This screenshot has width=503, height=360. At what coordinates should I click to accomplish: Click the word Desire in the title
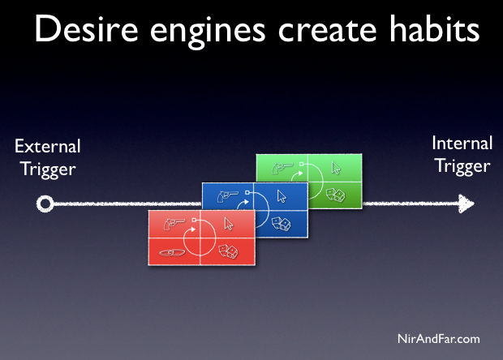pos(86,29)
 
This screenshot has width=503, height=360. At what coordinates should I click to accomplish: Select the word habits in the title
pos(435,28)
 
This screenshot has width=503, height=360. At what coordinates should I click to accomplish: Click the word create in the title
pos(327,31)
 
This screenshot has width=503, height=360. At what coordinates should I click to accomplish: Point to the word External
pos(48,147)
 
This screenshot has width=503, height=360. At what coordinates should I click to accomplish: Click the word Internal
pos(462,143)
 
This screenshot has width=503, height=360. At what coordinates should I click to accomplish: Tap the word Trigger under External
pos(48,170)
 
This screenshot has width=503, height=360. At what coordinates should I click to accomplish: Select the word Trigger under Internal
pos(462,167)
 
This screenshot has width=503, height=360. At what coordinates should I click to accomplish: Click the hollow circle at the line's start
pos(45,204)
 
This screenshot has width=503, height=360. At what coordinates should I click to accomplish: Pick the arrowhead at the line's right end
pos(466,204)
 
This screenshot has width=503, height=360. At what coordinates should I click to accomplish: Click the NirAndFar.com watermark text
pos(439,339)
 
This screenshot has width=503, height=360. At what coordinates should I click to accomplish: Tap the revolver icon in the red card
pos(174,224)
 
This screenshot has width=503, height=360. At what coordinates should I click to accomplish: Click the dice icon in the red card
pos(229,251)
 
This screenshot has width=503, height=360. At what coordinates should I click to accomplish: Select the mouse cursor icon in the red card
pos(229,224)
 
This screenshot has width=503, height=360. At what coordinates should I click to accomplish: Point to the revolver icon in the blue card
pos(227,196)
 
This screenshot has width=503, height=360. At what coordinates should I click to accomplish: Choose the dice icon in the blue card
pos(282,224)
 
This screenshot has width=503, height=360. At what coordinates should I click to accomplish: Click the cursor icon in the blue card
pos(282,196)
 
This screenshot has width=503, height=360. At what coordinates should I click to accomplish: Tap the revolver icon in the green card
pos(282,168)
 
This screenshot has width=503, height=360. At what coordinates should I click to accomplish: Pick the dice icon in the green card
pos(336,195)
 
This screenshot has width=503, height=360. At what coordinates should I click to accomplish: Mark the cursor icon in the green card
pos(336,168)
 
